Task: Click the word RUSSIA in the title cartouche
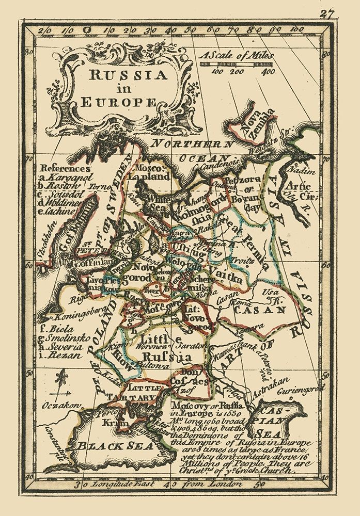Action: click(129, 75)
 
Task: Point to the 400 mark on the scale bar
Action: click(268, 72)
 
